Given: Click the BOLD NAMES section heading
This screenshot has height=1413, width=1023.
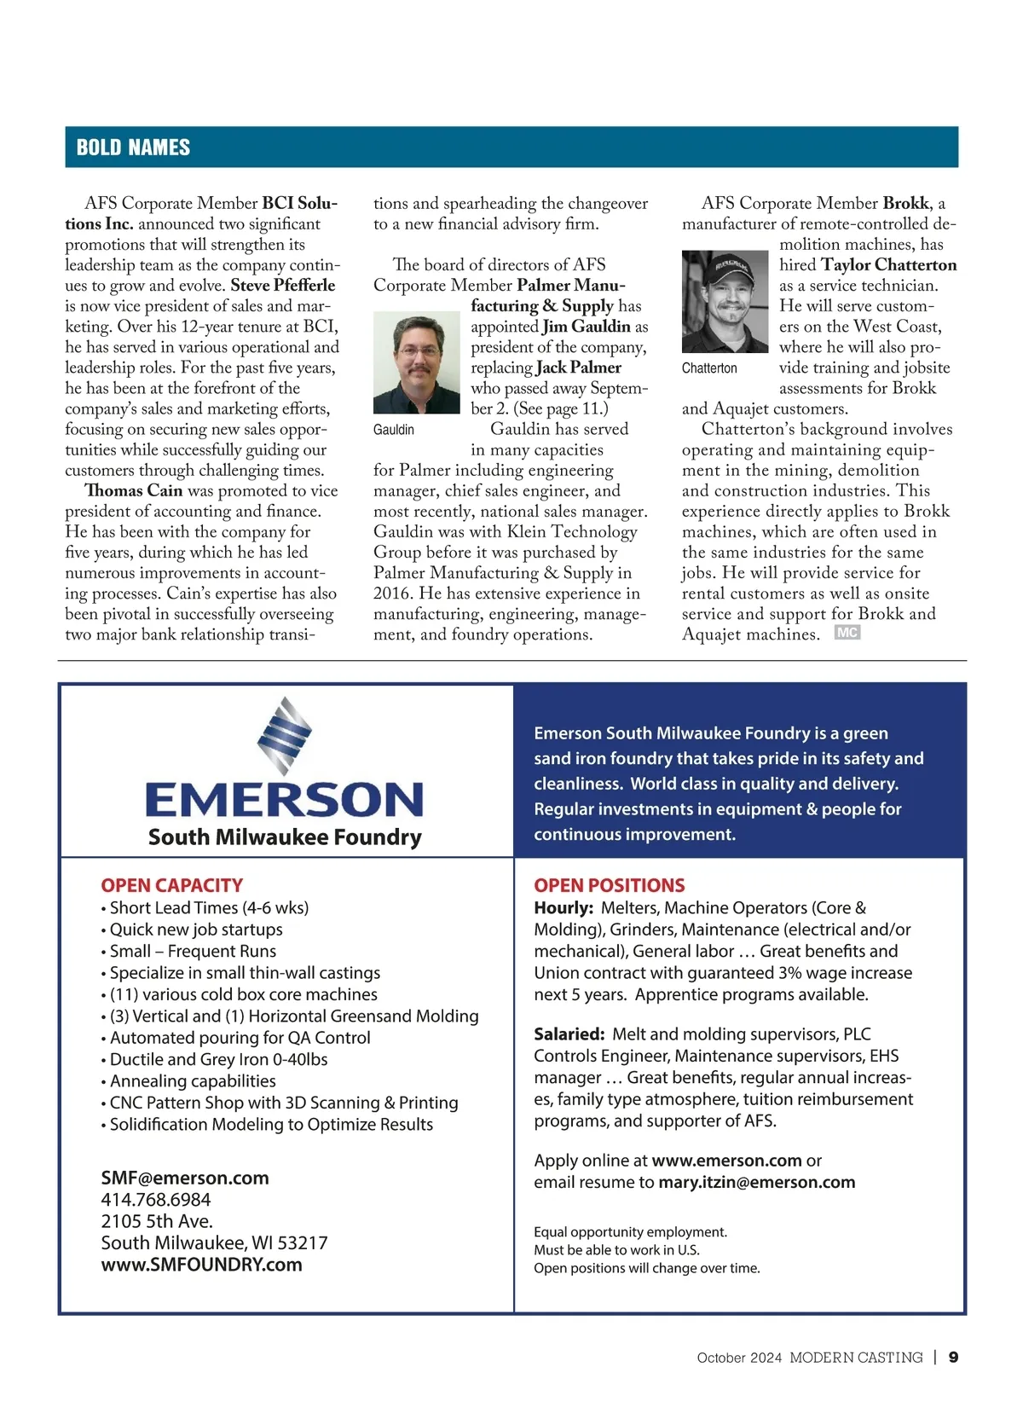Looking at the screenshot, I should [133, 148].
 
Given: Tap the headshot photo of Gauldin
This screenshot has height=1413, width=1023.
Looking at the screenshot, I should [417, 362].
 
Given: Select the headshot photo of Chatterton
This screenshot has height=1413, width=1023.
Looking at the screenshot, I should [725, 301].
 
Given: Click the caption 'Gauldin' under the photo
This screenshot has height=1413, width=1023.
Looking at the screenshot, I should [393, 430].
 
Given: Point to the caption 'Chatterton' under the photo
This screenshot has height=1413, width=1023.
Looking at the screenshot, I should [709, 368].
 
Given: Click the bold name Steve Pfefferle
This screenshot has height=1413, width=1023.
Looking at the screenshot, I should [283, 286].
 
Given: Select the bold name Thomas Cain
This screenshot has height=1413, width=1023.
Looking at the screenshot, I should [134, 491].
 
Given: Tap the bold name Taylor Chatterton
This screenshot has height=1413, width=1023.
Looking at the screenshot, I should [888, 265].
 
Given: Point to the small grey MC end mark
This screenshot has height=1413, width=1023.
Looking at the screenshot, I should [847, 633].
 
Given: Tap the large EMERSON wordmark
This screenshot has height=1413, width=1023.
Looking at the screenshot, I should [285, 800].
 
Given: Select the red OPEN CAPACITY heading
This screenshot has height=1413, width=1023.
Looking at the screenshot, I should [171, 885].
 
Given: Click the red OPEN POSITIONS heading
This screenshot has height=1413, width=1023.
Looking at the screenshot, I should [609, 885].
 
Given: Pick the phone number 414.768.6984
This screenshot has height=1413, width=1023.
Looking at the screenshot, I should [156, 1200].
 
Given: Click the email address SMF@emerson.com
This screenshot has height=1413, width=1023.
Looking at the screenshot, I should [185, 1178].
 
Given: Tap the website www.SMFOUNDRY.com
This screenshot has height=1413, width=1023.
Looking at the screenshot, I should [201, 1265].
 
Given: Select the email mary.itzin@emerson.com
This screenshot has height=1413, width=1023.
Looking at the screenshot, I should [756, 1183].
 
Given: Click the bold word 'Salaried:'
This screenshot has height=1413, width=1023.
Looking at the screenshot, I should [569, 1034].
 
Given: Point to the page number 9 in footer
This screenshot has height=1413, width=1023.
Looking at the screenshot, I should [953, 1358].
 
